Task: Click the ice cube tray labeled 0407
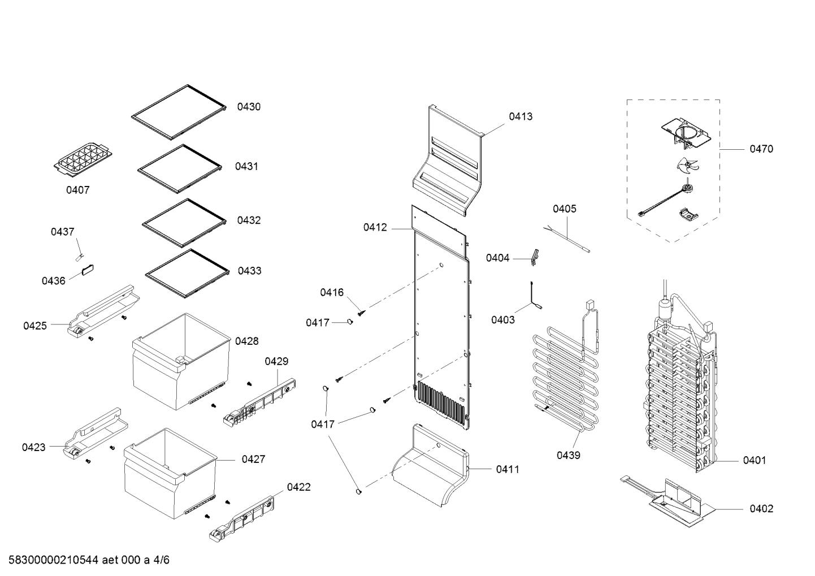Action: [x=83, y=160]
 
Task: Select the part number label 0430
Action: [x=249, y=107]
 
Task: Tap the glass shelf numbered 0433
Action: [x=188, y=274]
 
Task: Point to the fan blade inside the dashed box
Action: [x=688, y=166]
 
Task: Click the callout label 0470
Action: [x=761, y=149]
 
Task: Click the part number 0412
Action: [x=375, y=227]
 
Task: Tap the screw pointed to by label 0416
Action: [x=361, y=312]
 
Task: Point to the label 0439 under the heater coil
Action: [x=569, y=455]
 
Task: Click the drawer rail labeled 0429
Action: [x=259, y=402]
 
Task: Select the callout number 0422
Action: [x=299, y=487]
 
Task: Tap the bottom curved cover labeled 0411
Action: [x=431, y=465]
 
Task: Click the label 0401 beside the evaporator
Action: [x=754, y=460]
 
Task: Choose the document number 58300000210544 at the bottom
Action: [x=54, y=560]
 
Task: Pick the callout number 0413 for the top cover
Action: [x=521, y=116]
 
